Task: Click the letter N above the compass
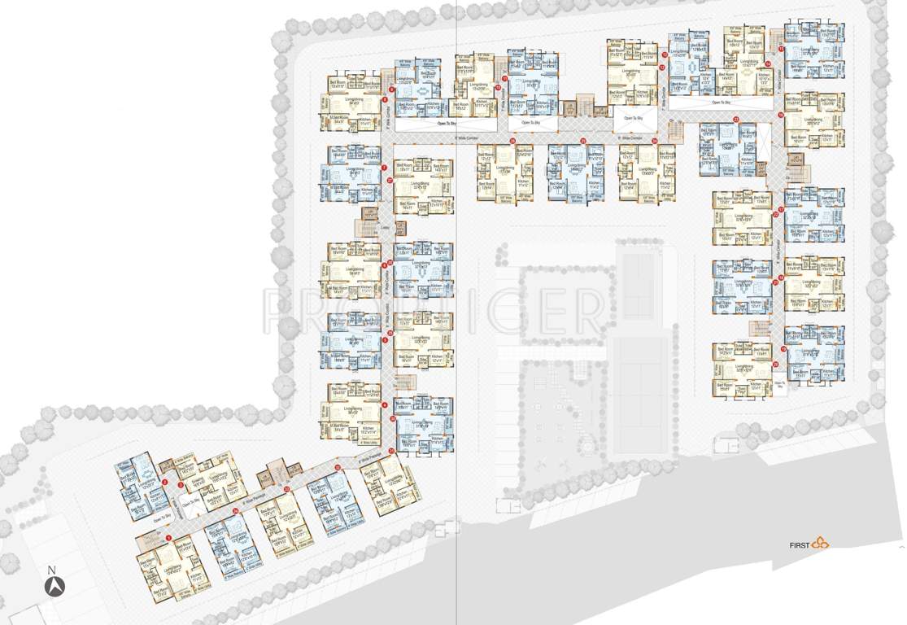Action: pyautogui.click(x=51, y=570)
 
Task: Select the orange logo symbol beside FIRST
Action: pyautogui.click(x=819, y=543)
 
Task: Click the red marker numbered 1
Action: pyautogui.click(x=168, y=538)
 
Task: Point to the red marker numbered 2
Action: pyautogui.click(x=166, y=483)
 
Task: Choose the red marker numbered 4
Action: pyautogui.click(x=383, y=404)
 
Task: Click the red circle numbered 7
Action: pyautogui.click(x=383, y=168)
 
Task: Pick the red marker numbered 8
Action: pyautogui.click(x=383, y=100)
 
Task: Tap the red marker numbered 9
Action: pyautogui.click(x=391, y=88)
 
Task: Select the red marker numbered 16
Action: pyautogui.click(x=779, y=115)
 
